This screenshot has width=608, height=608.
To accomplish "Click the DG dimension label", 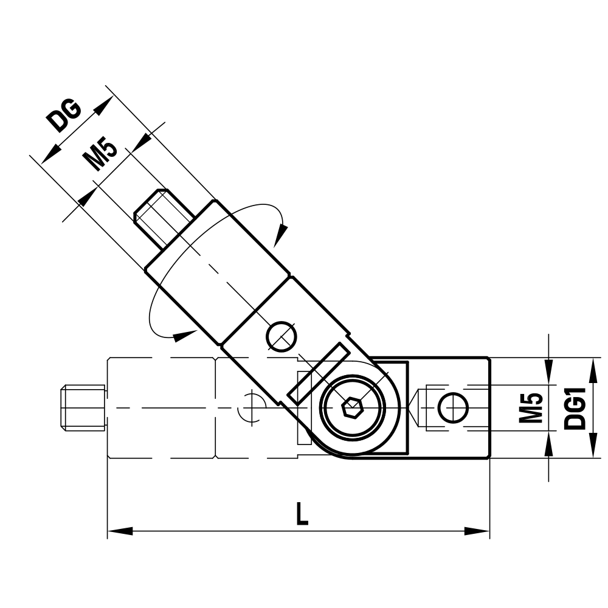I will pyautogui.click(x=66, y=116).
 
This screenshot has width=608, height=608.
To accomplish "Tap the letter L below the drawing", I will pyautogui.click(x=302, y=515).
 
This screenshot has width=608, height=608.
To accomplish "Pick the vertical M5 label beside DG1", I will pyautogui.click(x=531, y=408).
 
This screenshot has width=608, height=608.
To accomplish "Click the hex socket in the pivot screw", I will pyautogui.click(x=352, y=408).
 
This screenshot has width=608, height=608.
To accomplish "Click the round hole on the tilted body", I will pyautogui.click(x=281, y=336).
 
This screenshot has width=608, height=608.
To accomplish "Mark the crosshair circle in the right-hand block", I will pyautogui.click(x=454, y=407).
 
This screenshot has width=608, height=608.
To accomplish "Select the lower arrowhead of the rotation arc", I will pyautogui.click(x=181, y=334).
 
